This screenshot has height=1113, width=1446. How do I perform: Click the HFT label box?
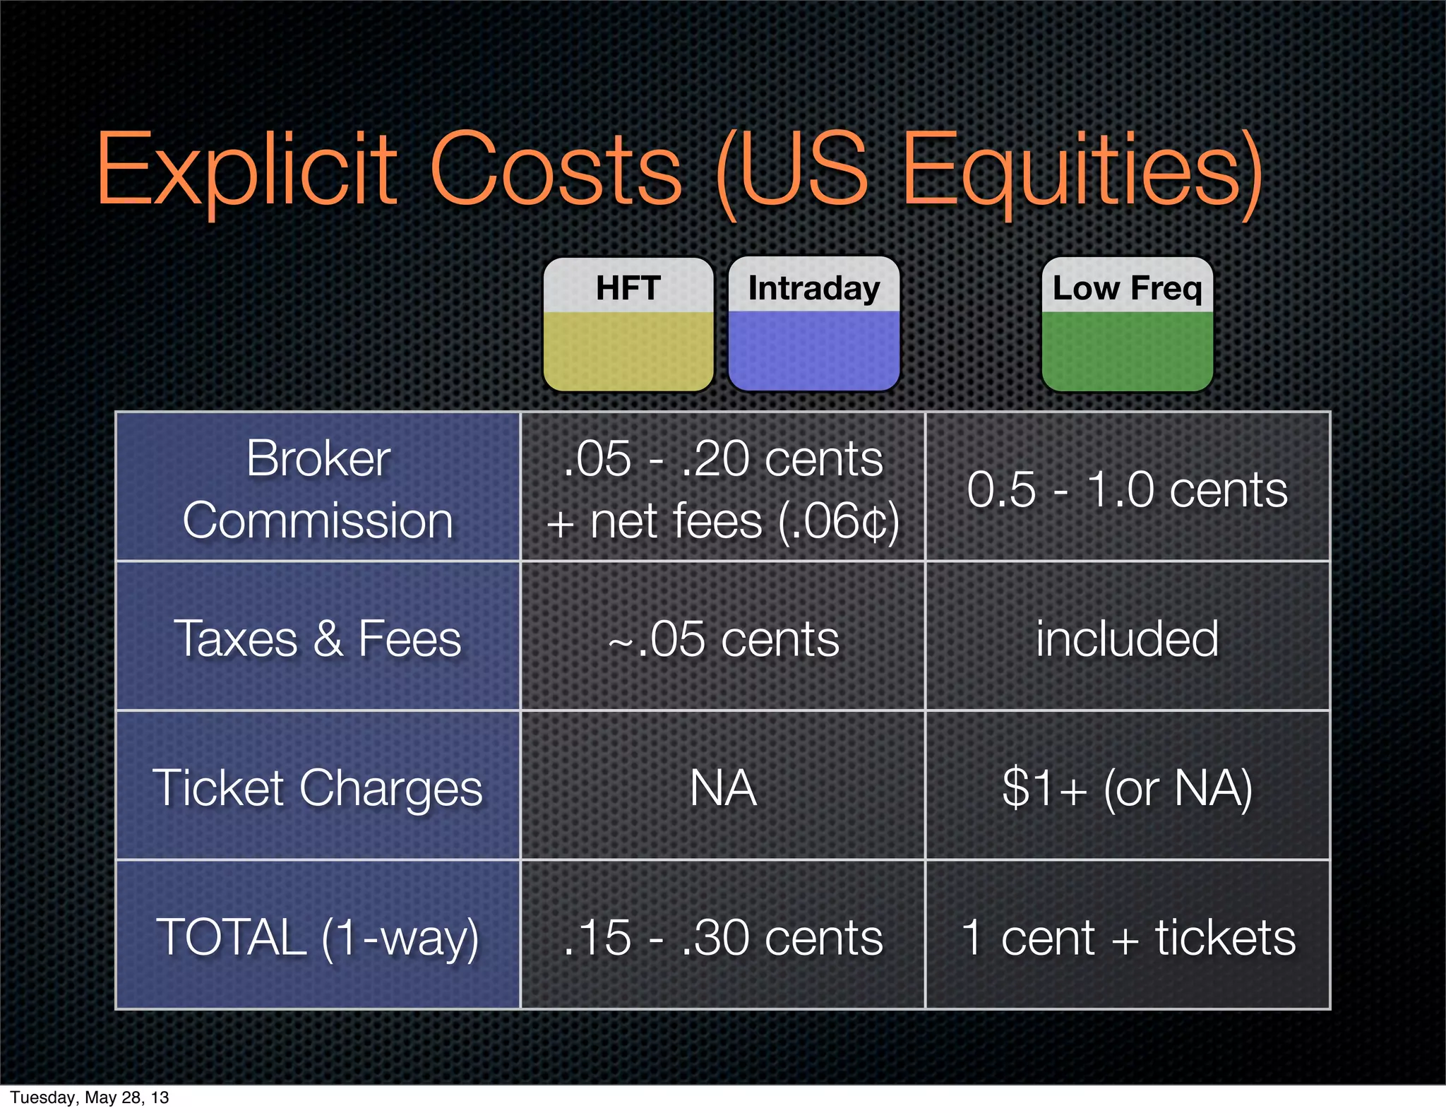[628, 323]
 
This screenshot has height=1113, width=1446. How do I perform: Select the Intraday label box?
[813, 323]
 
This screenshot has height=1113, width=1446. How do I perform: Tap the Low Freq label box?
[1127, 323]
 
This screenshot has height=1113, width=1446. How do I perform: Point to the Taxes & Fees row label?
[318, 638]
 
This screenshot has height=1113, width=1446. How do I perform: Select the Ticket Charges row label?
[318, 787]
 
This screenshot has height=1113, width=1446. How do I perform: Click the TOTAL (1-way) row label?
[318, 936]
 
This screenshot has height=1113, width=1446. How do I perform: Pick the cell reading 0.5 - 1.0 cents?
[1127, 489]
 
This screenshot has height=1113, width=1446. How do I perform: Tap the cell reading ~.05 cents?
[723, 638]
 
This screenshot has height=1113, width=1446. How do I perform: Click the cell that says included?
[1127, 638]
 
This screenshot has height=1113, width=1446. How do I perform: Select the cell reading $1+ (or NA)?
[1127, 787]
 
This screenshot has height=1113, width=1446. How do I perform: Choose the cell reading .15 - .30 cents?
[723, 936]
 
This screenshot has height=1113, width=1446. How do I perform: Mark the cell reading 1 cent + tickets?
[1127, 936]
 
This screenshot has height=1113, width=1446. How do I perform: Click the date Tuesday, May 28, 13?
[90, 1097]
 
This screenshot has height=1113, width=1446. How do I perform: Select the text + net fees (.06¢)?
[723, 521]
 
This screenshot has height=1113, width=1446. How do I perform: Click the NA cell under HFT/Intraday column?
[723, 787]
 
